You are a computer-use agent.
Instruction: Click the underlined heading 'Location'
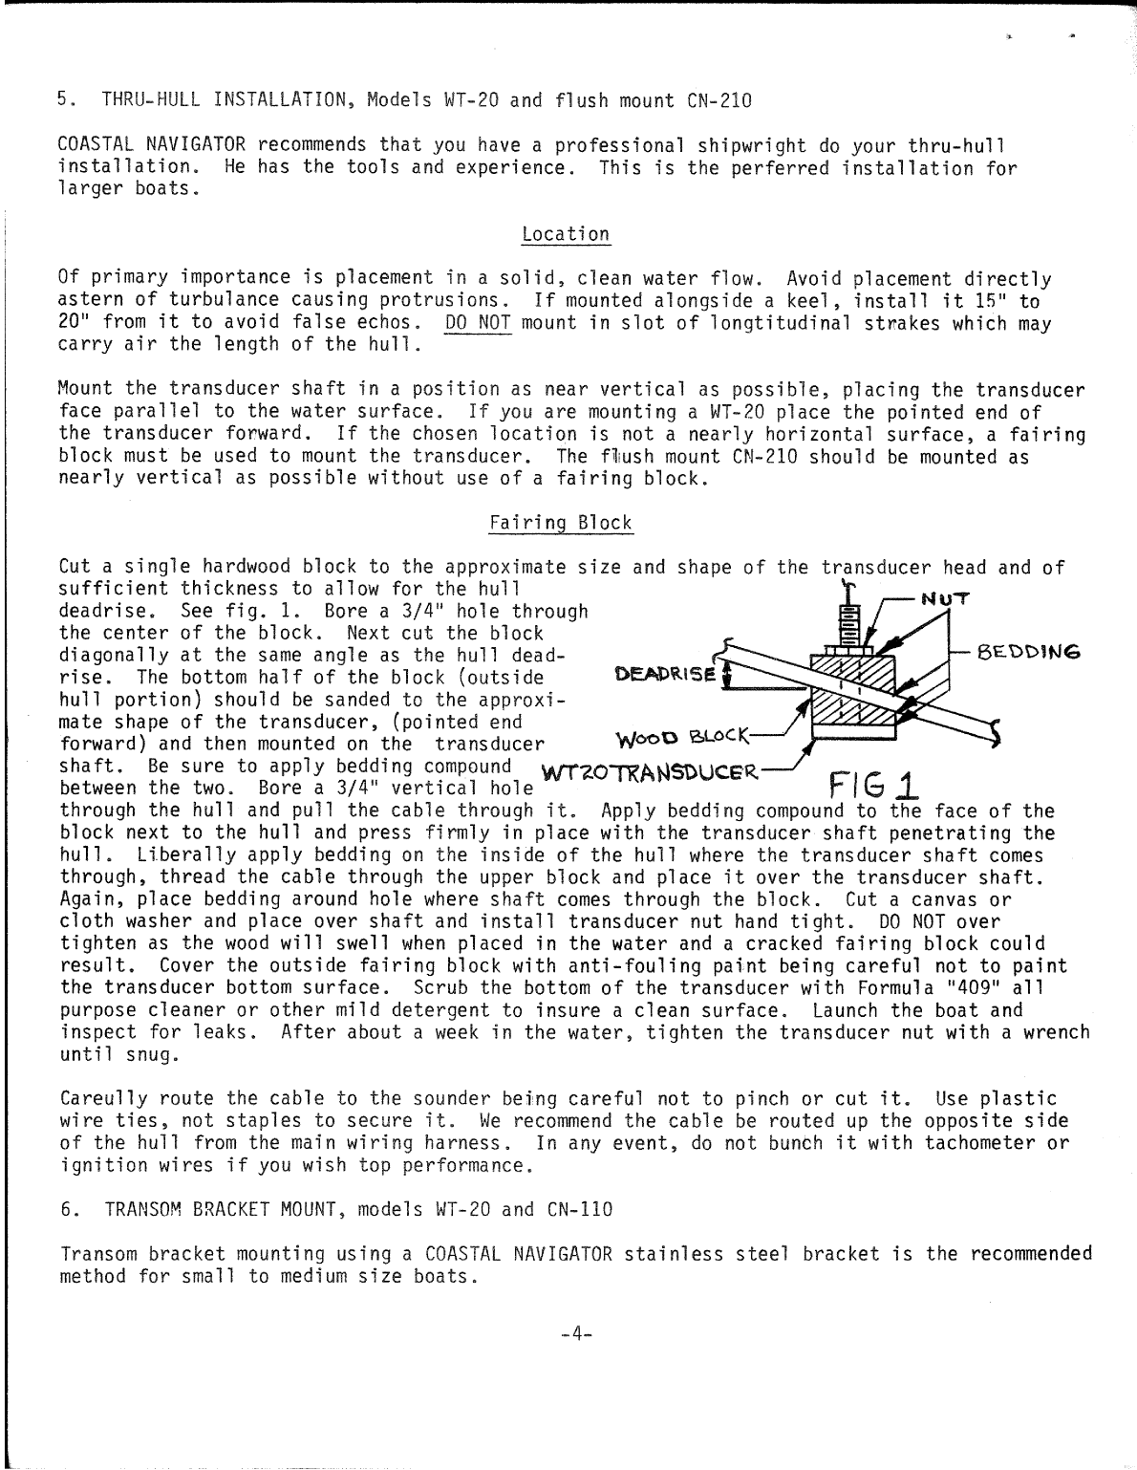point(566,234)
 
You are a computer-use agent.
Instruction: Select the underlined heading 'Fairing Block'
point(560,523)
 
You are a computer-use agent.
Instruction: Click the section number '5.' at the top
point(65,99)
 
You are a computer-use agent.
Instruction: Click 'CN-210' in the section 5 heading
point(719,99)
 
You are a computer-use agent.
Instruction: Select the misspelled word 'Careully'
point(102,1099)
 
